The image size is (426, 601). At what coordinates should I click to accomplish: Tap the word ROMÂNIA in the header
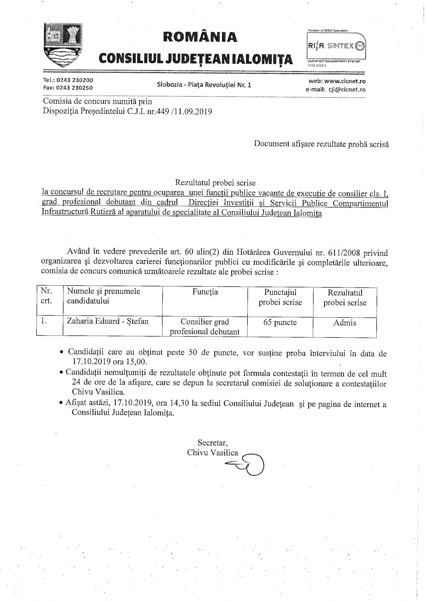[200, 37]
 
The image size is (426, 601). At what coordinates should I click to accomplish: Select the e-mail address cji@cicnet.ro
[346, 89]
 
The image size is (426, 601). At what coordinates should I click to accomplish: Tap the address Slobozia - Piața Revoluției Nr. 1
[204, 85]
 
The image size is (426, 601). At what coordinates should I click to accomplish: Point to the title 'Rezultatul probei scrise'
[215, 183]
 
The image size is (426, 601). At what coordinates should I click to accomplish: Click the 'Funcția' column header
[205, 292]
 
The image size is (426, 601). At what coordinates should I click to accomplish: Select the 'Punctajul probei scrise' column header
[280, 297]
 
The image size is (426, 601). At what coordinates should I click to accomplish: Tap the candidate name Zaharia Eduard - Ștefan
[108, 321]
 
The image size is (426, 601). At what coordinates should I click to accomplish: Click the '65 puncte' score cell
[280, 322]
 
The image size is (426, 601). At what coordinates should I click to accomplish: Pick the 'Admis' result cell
[345, 323]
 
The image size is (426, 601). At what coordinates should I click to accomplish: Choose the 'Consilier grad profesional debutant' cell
[205, 327]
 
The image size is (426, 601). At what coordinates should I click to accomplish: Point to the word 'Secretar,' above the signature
[213, 443]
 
